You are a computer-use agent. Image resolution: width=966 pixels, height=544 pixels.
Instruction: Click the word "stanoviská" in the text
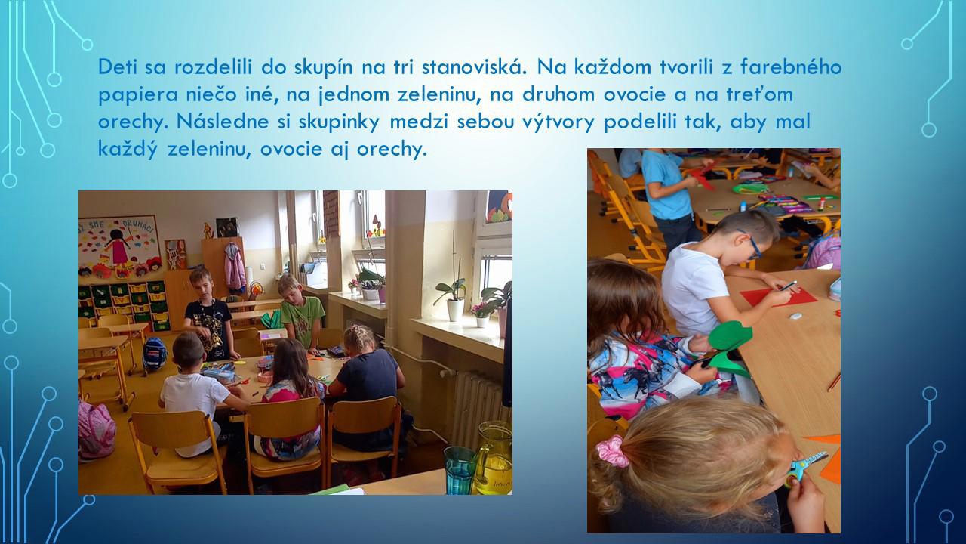coord(474,67)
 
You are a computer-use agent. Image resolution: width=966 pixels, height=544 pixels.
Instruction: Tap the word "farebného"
coord(791,67)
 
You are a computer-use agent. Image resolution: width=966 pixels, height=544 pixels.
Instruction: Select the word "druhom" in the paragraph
coord(558,94)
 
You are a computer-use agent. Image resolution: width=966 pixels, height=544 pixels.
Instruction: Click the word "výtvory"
coord(558,122)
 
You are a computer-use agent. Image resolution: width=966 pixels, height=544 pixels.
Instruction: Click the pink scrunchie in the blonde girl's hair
coord(612,452)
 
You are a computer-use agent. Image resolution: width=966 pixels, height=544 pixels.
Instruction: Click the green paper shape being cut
coord(729,346)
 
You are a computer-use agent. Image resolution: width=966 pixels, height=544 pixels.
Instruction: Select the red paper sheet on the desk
coord(779,297)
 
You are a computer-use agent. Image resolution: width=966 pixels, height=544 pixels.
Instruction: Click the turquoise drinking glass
coord(460,470)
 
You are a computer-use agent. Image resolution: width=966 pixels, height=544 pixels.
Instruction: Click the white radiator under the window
coord(476,406)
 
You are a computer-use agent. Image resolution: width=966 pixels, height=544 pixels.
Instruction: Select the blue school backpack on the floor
coord(155,355)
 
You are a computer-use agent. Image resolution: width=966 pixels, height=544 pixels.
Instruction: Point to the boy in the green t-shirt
coord(301,312)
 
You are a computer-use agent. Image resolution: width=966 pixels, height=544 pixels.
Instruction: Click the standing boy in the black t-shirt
coord(210,314)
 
